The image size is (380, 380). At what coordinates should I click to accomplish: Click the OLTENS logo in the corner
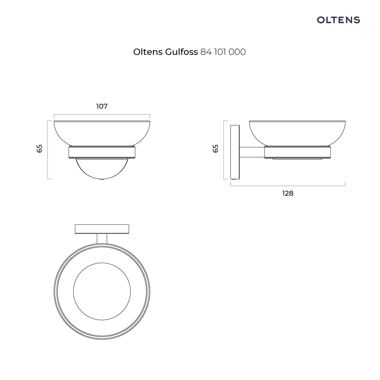point(338,20)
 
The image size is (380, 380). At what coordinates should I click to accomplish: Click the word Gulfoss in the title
point(181,52)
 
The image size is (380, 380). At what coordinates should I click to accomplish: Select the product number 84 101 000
point(223,52)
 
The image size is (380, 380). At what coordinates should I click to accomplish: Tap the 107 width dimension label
point(102,106)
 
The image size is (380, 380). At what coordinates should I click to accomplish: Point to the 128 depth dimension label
point(288,193)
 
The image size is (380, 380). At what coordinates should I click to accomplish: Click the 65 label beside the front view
point(40,149)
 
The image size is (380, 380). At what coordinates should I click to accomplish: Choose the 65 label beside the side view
point(215,149)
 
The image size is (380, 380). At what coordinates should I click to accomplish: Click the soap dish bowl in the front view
point(102,133)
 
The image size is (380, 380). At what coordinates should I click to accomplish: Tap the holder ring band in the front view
point(102,152)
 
